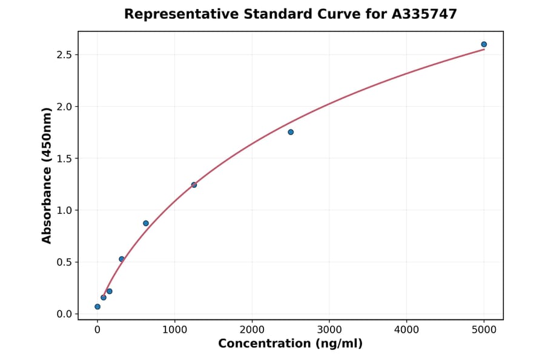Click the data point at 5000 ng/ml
pos(484,44)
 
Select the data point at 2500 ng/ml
pos(291,132)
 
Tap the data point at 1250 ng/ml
pos(194,185)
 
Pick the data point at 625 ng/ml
pos(146,223)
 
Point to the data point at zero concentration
pos(97,307)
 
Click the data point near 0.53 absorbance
pos(122,259)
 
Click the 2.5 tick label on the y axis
pos(64,55)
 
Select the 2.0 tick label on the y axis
pos(64,107)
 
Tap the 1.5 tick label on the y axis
pos(64,159)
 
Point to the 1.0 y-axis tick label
pos(64,210)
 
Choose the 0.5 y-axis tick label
pos(64,262)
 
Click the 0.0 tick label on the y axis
pos(64,314)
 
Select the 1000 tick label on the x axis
pos(174,330)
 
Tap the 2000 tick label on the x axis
pos(252,330)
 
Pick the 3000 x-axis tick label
pos(329,330)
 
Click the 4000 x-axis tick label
pos(406,330)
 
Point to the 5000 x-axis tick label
pos(484,330)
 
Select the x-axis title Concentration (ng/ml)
pos(290,344)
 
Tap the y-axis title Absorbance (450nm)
pos(47,175)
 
